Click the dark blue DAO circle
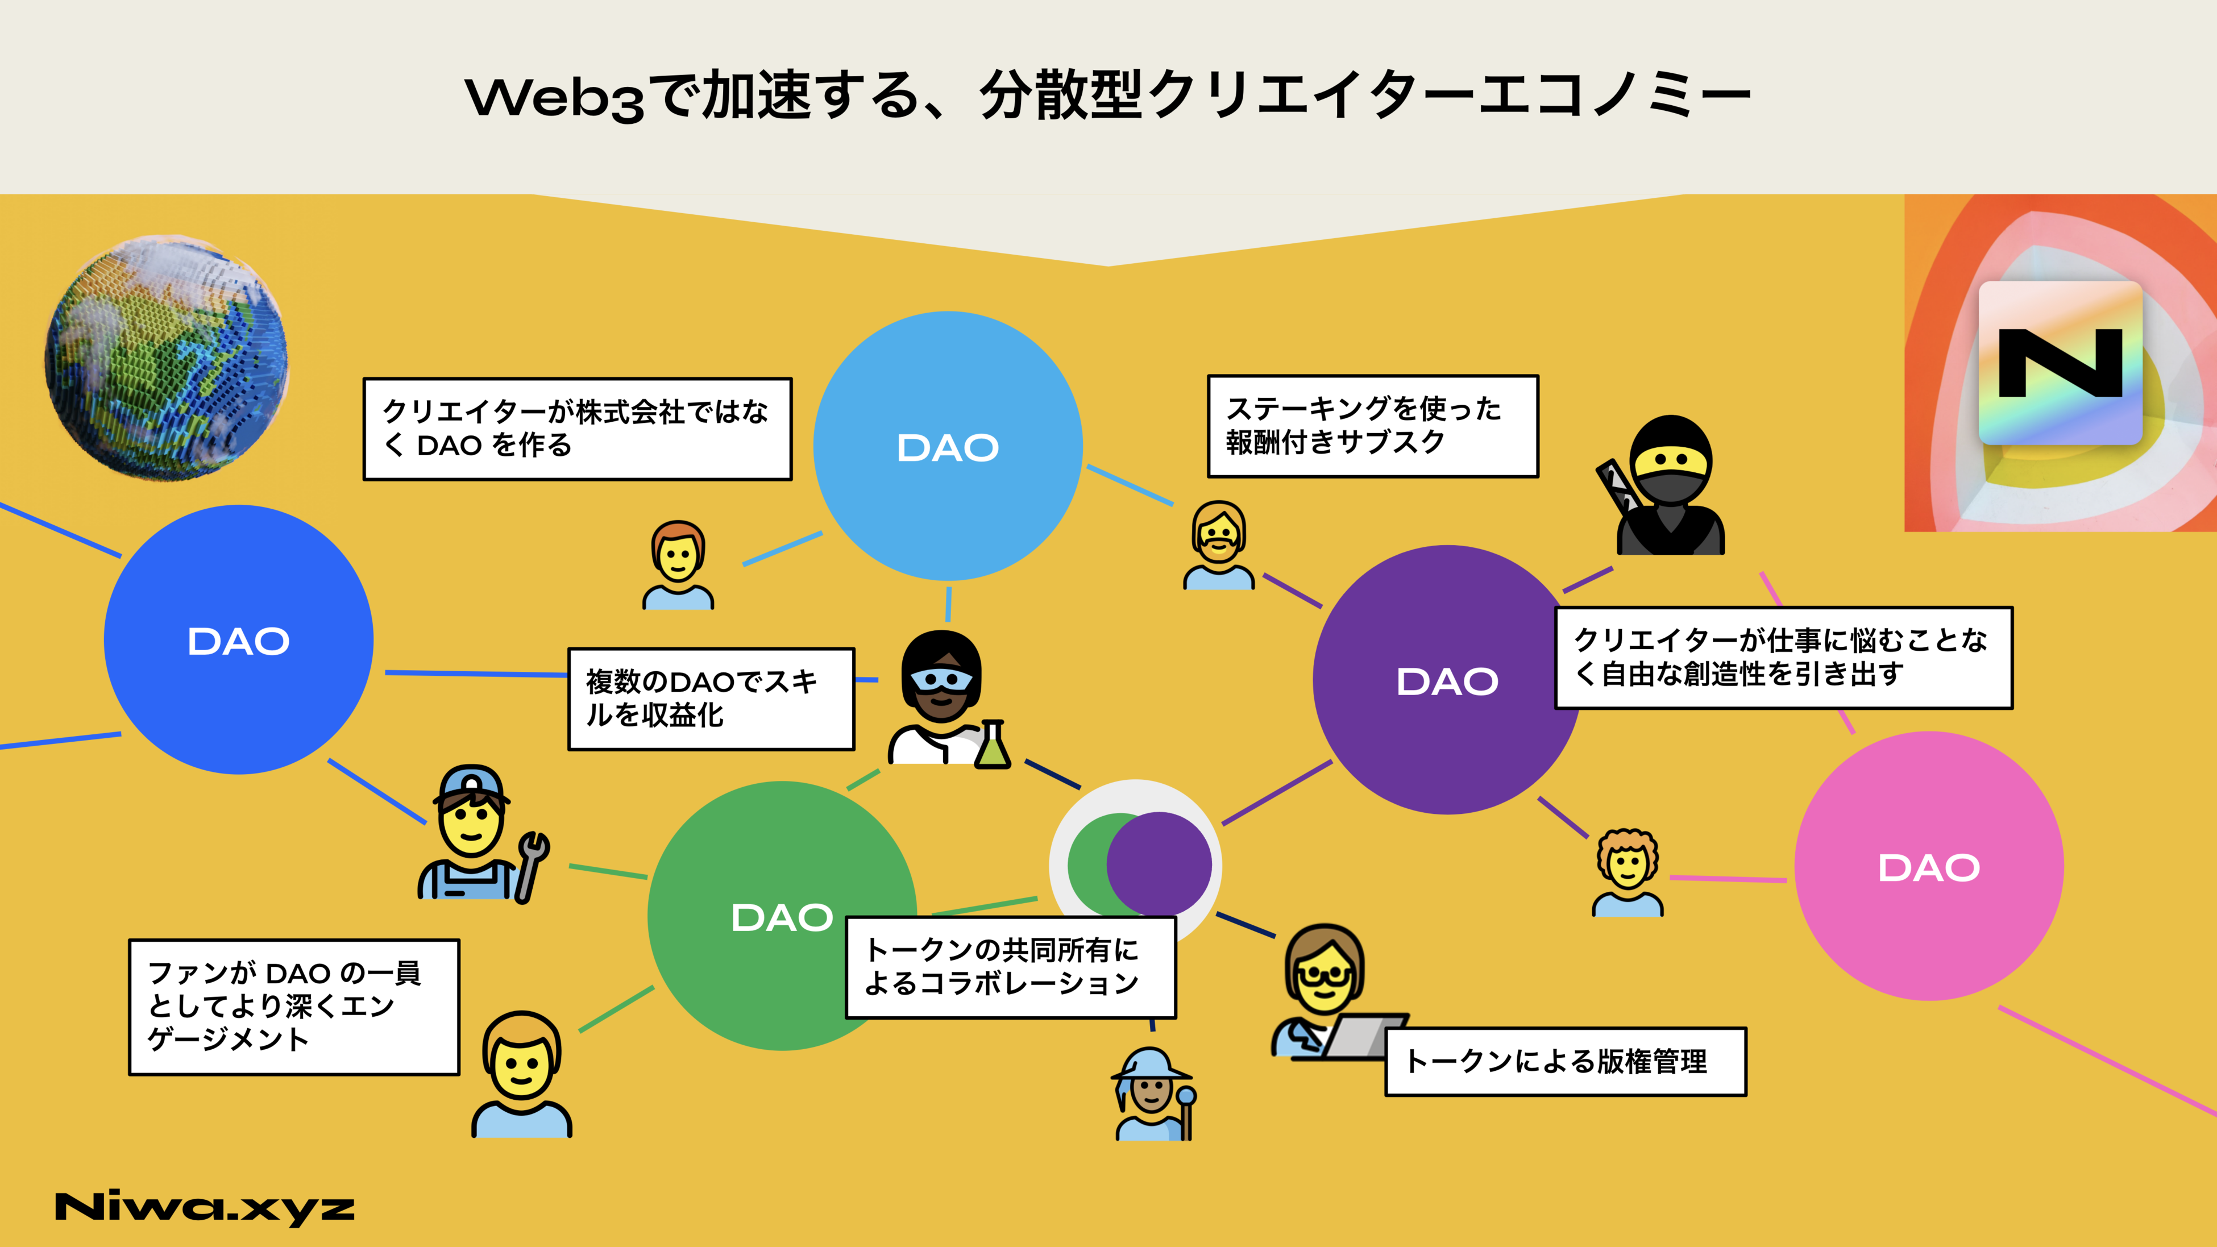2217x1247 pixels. [238, 639]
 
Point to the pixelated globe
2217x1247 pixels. [166, 357]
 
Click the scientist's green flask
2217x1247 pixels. [993, 747]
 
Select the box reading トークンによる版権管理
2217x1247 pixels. [1564, 1061]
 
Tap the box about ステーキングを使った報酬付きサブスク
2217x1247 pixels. [1372, 425]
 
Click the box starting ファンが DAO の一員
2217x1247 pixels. [293, 1006]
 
